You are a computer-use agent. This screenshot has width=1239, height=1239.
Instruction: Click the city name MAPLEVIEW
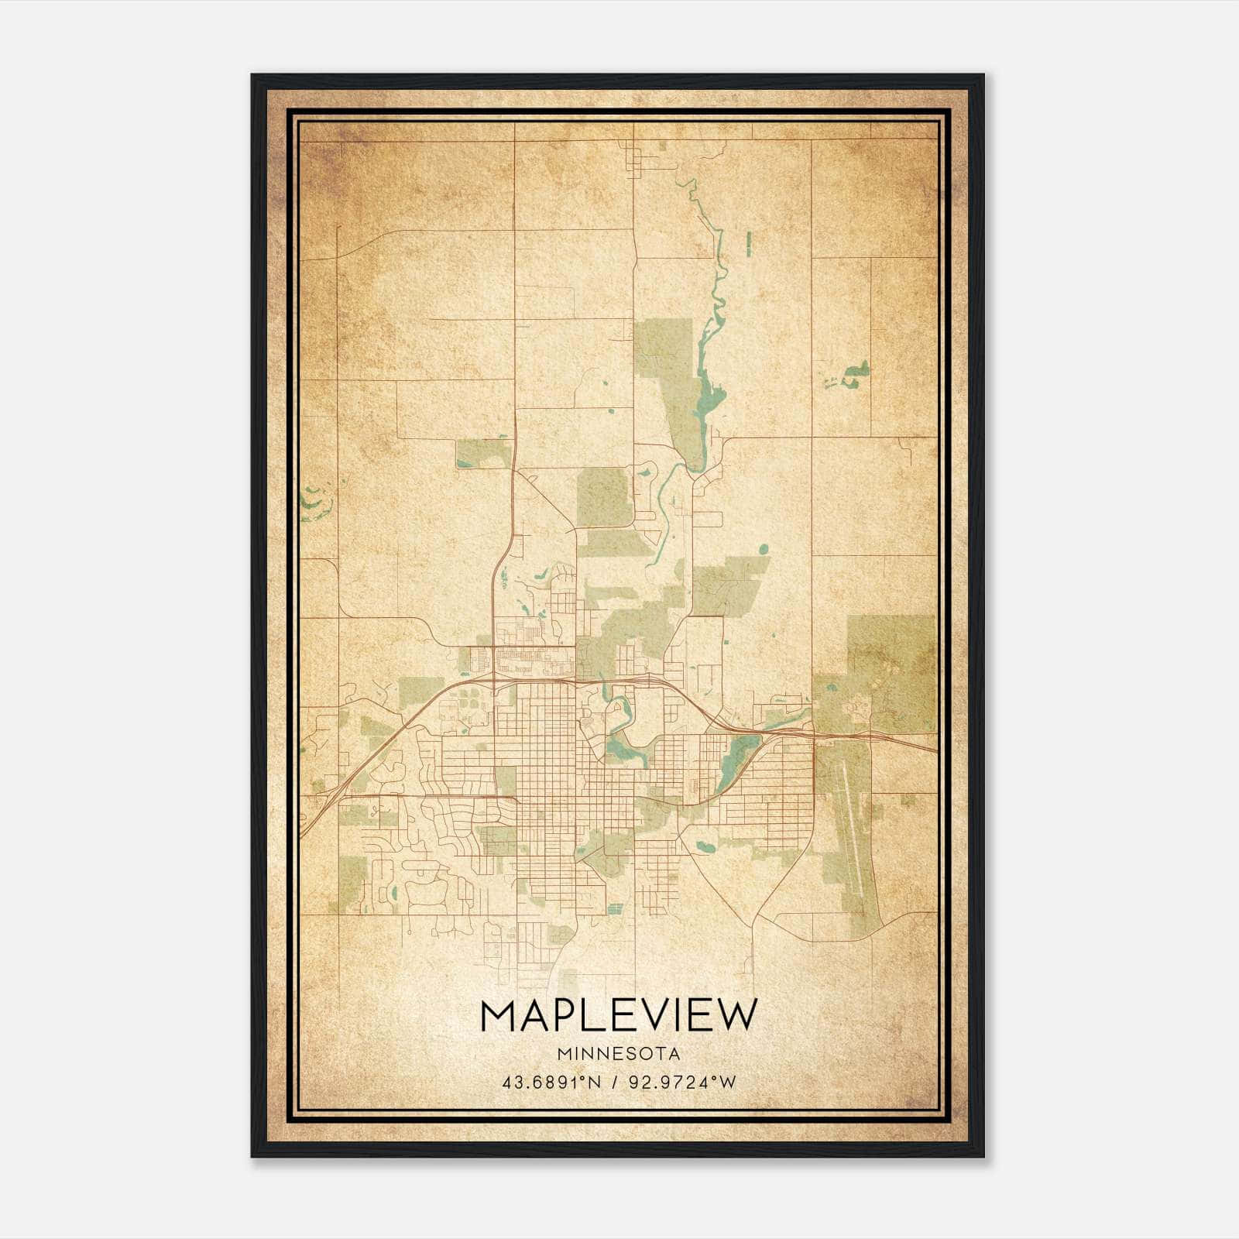click(617, 1016)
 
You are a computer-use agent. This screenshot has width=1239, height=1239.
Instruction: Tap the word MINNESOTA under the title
click(617, 1054)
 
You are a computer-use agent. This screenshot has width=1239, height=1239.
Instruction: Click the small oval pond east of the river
click(764, 549)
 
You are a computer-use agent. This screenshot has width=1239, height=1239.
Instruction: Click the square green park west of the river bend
click(603, 496)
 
